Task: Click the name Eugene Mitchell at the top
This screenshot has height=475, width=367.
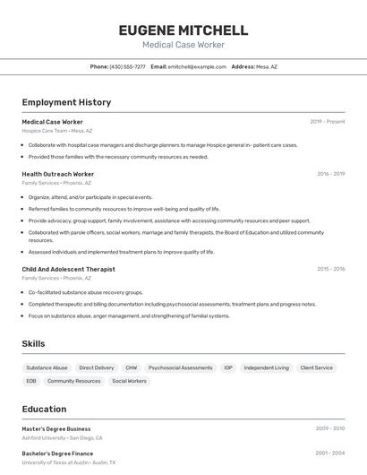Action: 183,30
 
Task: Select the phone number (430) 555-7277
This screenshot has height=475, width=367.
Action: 127,66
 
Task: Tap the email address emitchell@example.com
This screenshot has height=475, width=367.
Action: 197,66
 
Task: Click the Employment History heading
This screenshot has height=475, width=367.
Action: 66,102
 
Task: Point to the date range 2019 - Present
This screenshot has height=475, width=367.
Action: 328,122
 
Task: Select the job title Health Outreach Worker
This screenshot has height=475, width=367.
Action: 58,174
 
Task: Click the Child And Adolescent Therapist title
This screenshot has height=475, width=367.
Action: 68,269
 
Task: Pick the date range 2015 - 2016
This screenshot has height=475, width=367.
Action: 330,269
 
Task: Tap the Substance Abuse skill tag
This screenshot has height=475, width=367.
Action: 47,367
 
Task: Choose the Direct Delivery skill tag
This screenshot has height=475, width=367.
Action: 97,367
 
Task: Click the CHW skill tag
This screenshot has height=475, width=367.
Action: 132,367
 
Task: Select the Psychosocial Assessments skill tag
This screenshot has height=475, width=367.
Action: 180,367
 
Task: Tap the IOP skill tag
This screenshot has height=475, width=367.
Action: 228,367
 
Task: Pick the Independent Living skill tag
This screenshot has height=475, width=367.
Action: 267,367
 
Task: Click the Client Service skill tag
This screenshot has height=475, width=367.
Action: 317,367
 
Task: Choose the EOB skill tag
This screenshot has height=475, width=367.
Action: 31,381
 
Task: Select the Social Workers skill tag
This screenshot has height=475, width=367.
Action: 129,381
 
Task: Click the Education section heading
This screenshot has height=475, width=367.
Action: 44,409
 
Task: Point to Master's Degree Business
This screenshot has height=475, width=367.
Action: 56,428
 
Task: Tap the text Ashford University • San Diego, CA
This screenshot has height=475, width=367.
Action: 63,438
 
